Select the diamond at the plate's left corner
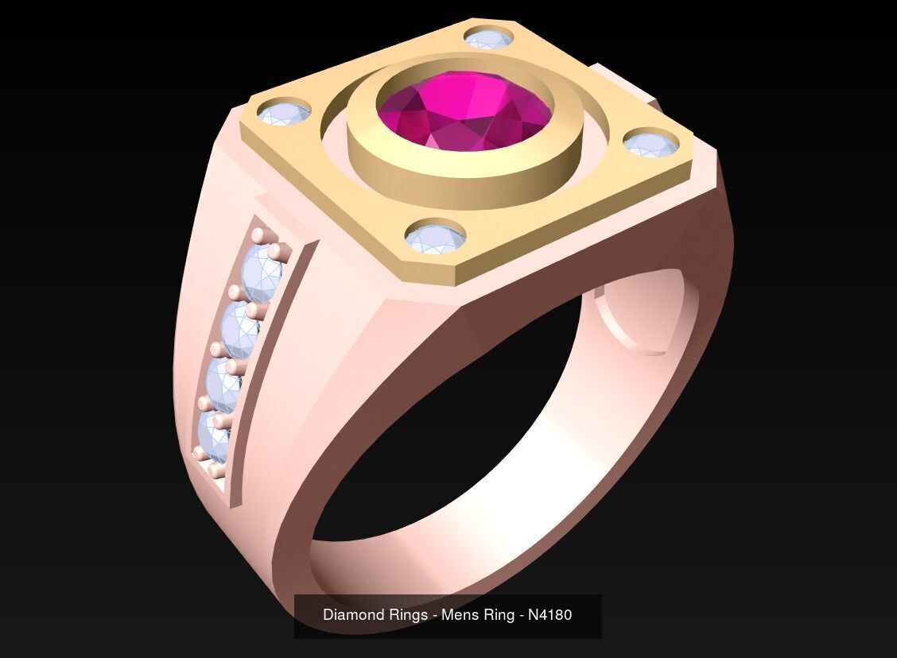coord(284,114)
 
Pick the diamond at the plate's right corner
coord(651,144)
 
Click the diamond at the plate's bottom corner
coord(434,238)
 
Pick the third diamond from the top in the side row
coord(223,385)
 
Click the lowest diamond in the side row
coord(213,436)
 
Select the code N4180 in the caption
coord(549,615)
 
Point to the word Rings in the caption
coord(407,615)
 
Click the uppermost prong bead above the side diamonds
coord(258,234)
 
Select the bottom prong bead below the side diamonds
coord(216,472)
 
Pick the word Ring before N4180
coord(498,615)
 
